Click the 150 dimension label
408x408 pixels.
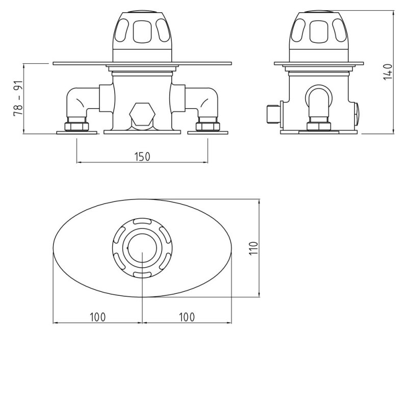tap(142, 157)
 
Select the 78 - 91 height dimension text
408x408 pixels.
tap(19, 98)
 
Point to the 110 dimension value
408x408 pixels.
tap(255, 248)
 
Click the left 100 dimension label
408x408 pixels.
tap(97, 317)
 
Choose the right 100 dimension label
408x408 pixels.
tap(187, 317)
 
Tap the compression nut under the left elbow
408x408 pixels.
tap(78, 126)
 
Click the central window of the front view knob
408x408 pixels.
tap(142, 33)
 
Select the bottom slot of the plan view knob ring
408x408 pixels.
tap(142, 275)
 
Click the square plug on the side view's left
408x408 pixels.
tap(274, 113)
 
